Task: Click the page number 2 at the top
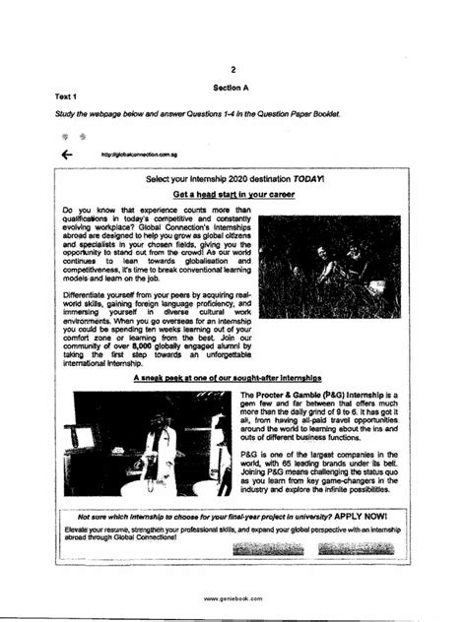click(x=233, y=70)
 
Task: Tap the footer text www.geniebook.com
click(x=233, y=597)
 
